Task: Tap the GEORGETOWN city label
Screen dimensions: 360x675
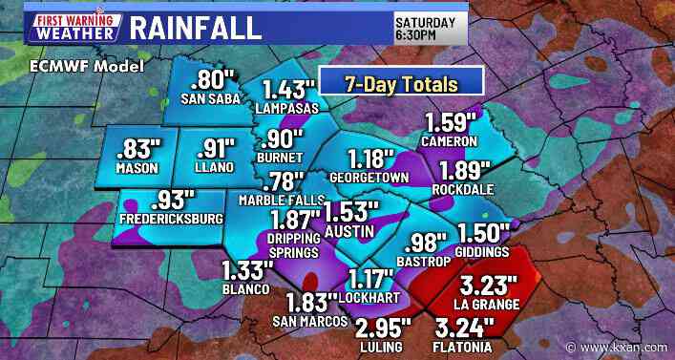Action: [x=369, y=177]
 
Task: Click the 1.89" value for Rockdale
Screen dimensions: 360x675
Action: [x=465, y=170]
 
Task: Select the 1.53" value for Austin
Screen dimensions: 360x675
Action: [x=350, y=211]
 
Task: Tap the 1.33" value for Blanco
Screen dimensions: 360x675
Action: [x=246, y=270]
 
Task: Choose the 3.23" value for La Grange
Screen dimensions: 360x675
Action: [x=488, y=286]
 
